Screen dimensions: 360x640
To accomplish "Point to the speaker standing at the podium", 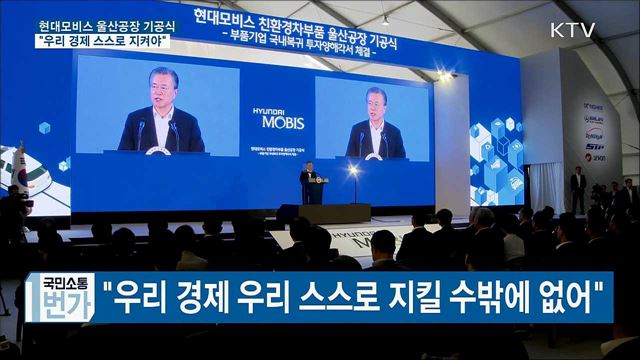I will tap(309, 180).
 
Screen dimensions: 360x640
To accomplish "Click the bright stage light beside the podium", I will tap(353, 171).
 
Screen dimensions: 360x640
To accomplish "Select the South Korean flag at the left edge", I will tap(17, 165).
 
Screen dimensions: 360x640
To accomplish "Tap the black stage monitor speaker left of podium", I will tap(287, 211).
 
